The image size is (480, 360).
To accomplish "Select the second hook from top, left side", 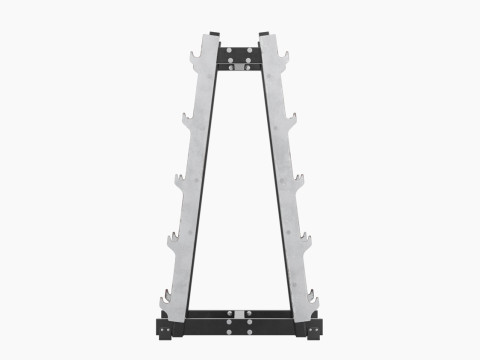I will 188,121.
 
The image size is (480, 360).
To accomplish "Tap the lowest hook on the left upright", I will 164,299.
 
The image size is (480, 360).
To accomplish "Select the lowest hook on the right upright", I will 316,299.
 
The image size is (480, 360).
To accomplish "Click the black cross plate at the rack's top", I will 240,56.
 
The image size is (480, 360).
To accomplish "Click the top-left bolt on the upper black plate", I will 230,49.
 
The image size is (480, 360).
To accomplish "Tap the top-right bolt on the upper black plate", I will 250,49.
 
